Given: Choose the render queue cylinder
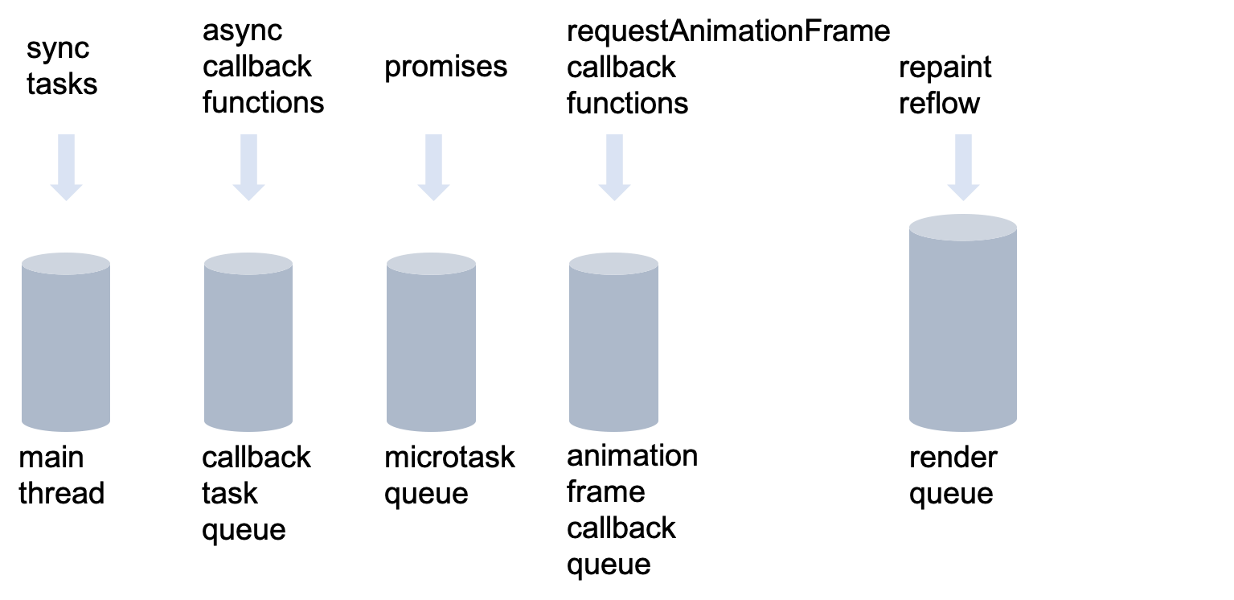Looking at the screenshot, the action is [x=963, y=323].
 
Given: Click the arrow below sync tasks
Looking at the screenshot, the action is [x=66, y=167].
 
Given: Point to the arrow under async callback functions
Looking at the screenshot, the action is [x=248, y=167].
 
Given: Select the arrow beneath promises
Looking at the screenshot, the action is [x=433, y=167].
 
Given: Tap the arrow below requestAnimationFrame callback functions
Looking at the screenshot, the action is [x=614, y=167].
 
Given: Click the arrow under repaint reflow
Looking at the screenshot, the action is [x=963, y=167].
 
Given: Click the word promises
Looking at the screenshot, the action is [x=445, y=68].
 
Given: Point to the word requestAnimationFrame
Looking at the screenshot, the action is [x=728, y=31].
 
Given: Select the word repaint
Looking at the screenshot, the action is [x=945, y=68].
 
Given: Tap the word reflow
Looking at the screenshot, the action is [x=939, y=104].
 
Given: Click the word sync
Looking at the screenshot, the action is [x=58, y=50].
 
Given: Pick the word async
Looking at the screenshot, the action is [x=242, y=32].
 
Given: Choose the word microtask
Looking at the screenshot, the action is [x=449, y=457].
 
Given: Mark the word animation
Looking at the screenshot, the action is [x=632, y=455].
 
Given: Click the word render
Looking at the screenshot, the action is [x=953, y=457].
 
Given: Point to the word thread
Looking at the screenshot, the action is [x=61, y=492].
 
